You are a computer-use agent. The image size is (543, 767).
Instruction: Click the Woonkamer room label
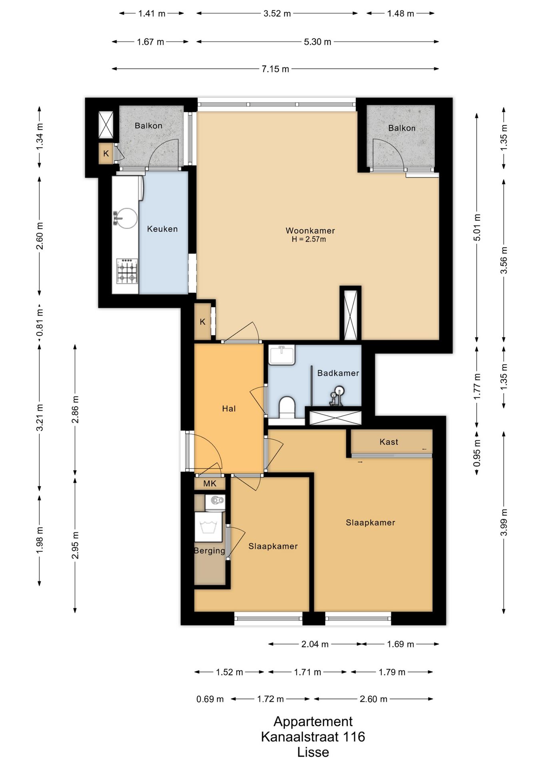point(310,230)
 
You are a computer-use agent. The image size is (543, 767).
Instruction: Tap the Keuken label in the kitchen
point(162,229)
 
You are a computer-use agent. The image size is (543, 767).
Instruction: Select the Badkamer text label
point(338,373)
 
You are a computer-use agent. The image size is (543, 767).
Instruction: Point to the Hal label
point(229,409)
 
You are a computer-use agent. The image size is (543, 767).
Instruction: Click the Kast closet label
point(389,442)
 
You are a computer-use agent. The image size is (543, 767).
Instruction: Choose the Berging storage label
point(210,551)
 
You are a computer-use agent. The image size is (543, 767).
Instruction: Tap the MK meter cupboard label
point(210,484)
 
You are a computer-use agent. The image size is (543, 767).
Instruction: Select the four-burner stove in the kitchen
point(127,271)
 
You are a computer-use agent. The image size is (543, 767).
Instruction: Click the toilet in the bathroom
point(286,407)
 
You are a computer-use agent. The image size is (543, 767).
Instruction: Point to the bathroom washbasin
point(282,355)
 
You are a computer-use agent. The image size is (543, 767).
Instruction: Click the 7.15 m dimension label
point(275,69)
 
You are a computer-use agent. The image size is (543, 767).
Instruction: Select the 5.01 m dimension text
point(477,228)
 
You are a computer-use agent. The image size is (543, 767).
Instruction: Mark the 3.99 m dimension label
point(504,523)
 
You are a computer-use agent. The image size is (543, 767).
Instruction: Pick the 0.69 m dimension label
point(210,699)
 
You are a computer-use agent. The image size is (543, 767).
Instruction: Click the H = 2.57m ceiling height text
point(309,240)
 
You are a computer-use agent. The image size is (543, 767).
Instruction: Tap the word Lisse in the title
point(313,752)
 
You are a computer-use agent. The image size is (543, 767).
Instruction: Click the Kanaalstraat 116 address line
point(313,737)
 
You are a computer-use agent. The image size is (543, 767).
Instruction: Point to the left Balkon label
point(148,126)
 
